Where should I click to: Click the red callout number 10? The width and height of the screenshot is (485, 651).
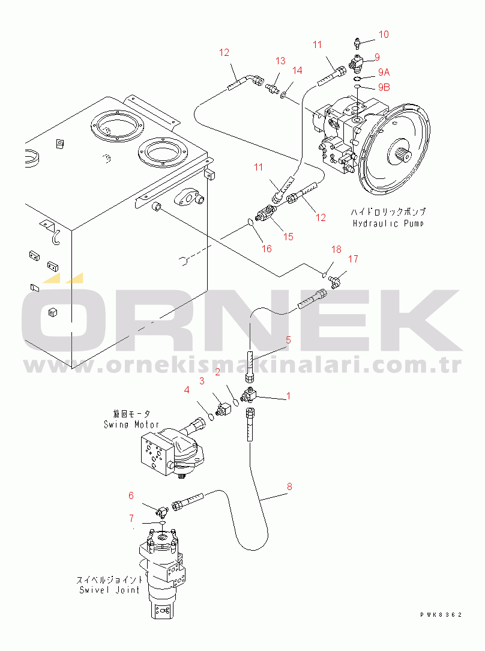pyautogui.click(x=384, y=34)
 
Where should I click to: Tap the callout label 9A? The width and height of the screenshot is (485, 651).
pyautogui.click(x=384, y=72)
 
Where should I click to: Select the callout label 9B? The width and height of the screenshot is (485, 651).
pyautogui.click(x=384, y=87)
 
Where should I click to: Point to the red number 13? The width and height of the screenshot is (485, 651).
pyautogui.click(x=280, y=61)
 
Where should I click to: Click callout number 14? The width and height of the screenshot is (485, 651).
pyautogui.click(x=297, y=71)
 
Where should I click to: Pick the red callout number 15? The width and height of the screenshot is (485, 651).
pyautogui.click(x=288, y=237)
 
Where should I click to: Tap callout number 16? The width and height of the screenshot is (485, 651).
pyautogui.click(x=267, y=248)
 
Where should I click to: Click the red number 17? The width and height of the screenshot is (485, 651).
pyautogui.click(x=353, y=259)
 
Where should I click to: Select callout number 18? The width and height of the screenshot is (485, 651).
pyautogui.click(x=336, y=249)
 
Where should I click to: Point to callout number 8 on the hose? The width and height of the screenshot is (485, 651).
pyautogui.click(x=289, y=486)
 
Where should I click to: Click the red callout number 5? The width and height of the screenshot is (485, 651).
pyautogui.click(x=288, y=340)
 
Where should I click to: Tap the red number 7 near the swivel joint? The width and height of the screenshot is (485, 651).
pyautogui.click(x=131, y=518)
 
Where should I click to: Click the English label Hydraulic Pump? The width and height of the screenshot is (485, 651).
pyautogui.click(x=388, y=224)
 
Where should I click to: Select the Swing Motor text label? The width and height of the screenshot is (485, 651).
pyautogui.click(x=131, y=425)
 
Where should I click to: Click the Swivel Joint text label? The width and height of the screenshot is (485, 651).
pyautogui.click(x=109, y=590)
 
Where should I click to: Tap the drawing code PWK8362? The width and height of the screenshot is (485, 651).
pyautogui.click(x=441, y=615)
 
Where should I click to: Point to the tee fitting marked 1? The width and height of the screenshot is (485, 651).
pyautogui.click(x=250, y=395)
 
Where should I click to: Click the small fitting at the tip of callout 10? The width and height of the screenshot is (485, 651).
pyautogui.click(x=358, y=43)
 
